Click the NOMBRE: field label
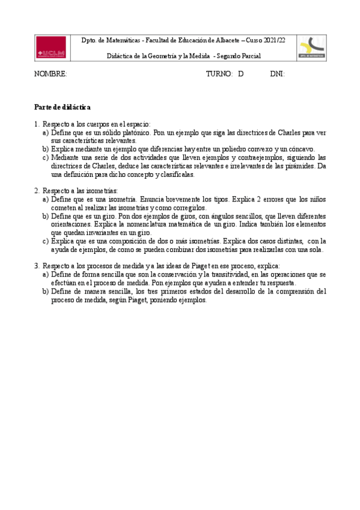tap(50, 74)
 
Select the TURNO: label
tap(219, 74)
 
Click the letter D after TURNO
tap(240, 74)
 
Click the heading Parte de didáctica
tap(62, 107)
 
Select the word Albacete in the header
tap(224, 40)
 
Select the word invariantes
tap(112, 232)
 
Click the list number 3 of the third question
tap(37, 266)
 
